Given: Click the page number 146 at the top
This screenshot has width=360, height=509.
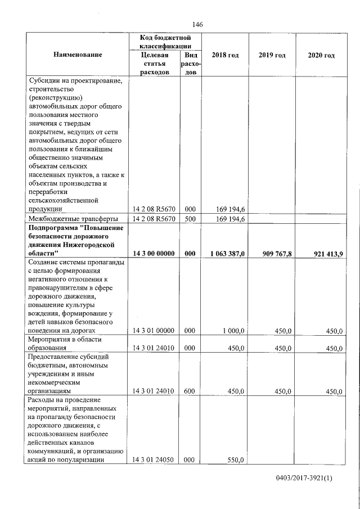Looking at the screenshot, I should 197,24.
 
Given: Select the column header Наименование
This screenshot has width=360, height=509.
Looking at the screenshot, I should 78,55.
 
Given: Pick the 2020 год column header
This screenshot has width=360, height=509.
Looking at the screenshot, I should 321,55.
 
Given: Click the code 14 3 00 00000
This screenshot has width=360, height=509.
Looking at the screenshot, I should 154,254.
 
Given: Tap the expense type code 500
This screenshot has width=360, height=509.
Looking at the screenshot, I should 190,219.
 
